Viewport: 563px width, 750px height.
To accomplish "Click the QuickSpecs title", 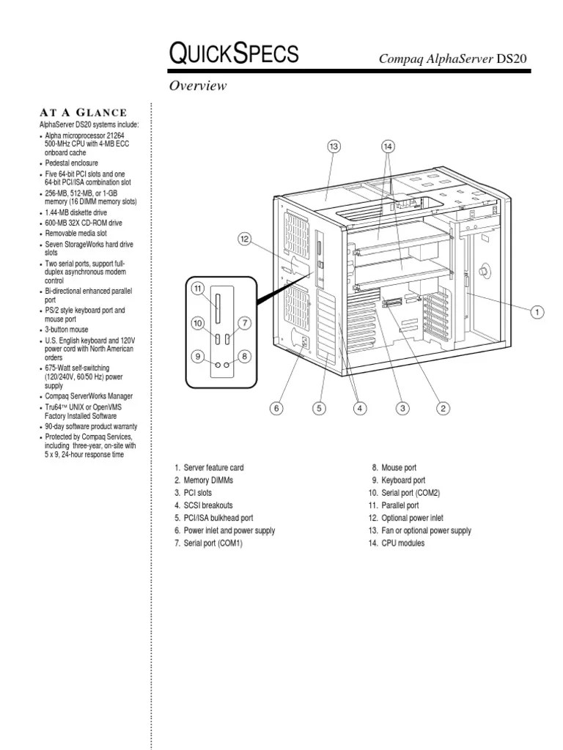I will (233, 53).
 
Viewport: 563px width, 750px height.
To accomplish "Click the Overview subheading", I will (198, 86).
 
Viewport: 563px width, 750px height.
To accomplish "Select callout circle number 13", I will (334, 146).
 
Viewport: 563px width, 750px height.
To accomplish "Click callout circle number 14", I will (389, 146).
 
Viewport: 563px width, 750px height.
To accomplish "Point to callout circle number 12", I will (245, 238).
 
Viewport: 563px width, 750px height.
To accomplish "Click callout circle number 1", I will (537, 312).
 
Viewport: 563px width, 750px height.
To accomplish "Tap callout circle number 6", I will (276, 408).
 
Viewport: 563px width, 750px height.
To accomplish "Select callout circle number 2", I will (444, 408).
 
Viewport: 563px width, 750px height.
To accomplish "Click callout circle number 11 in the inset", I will (197, 289).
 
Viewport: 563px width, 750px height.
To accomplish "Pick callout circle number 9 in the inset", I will (197, 357).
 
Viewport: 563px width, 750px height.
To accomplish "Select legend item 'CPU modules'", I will (397, 543).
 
